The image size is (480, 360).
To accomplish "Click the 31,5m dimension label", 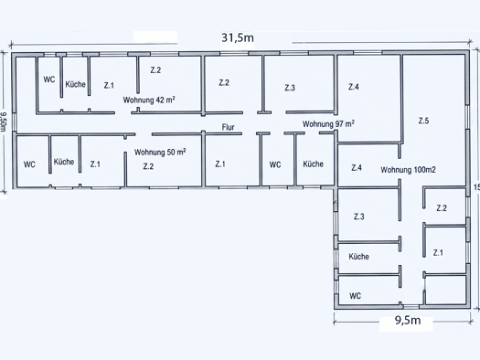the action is (x=238, y=38).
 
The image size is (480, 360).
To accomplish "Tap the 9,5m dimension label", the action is (x=408, y=320).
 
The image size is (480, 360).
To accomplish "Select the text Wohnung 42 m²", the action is (x=149, y=100).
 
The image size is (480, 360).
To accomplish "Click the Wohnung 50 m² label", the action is (x=160, y=152).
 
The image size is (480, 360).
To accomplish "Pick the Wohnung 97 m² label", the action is (x=328, y=124).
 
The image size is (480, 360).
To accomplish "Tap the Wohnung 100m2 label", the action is (x=408, y=170).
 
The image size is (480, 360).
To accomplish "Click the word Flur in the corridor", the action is (x=228, y=127).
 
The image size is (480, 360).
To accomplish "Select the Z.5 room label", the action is (x=423, y=121).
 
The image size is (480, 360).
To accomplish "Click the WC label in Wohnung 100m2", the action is (x=355, y=296).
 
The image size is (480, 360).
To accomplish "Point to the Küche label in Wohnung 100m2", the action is (x=358, y=257).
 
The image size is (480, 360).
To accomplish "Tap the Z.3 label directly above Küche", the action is (x=359, y=217).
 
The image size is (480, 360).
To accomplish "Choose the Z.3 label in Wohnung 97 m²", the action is (x=290, y=88).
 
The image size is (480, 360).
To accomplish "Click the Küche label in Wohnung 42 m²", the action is (x=75, y=84).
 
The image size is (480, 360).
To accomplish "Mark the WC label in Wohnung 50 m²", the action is (x=29, y=164).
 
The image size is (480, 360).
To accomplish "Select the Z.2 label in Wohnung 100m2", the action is (x=442, y=208).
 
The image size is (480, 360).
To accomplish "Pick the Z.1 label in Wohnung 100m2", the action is (x=438, y=253).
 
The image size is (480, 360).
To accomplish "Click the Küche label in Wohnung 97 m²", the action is (x=314, y=164).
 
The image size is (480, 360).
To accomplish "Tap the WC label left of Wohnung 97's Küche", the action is (x=275, y=164).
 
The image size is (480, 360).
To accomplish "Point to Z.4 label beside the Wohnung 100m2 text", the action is (x=357, y=167).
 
